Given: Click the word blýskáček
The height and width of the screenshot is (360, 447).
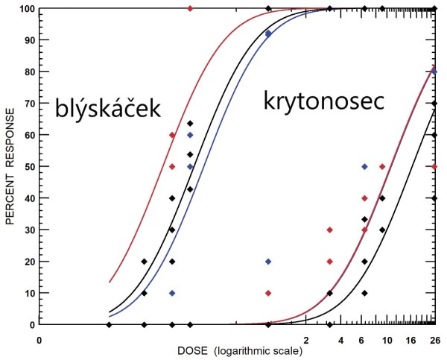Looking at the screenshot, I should (107, 109).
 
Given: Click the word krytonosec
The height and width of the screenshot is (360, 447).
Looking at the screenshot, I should (323, 101).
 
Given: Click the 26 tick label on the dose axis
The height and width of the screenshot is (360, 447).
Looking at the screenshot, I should (435, 341).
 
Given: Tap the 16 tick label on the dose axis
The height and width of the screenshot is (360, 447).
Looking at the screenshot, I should (410, 341).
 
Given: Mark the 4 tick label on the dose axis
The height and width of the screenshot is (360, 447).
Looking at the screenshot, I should (340, 341).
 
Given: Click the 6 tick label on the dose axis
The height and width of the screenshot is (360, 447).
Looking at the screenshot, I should (363, 341).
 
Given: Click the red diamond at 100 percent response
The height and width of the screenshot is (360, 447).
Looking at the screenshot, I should (190, 8).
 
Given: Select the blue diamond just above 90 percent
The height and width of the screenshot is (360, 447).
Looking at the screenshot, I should (268, 34).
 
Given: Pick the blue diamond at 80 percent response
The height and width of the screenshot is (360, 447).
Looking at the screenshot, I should (434, 72).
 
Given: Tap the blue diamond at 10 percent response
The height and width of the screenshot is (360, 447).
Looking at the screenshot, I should (172, 293).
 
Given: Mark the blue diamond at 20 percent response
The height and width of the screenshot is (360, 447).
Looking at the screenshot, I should (268, 262).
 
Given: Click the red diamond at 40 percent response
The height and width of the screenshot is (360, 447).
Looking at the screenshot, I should (364, 198).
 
